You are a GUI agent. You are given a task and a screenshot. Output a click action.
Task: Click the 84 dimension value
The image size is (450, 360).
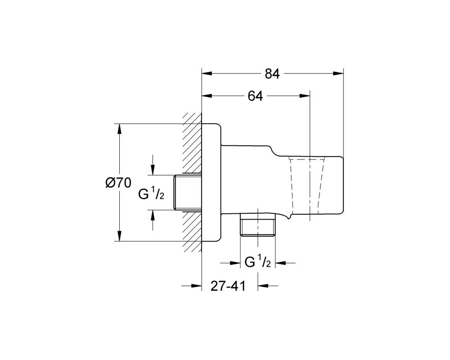click(x=272, y=74)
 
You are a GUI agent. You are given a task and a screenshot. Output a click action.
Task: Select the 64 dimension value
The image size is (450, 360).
click(x=256, y=96)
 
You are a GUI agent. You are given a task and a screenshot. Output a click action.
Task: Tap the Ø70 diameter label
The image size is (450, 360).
click(x=118, y=183)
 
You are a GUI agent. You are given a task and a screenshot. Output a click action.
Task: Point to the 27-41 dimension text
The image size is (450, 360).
click(x=229, y=286)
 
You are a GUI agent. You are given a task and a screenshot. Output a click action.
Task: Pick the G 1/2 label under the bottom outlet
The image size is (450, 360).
click(x=258, y=261)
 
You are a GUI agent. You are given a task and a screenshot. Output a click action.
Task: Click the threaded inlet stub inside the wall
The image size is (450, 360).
click(x=188, y=192)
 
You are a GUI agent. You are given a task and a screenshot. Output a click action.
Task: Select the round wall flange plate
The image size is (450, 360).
click(x=212, y=183)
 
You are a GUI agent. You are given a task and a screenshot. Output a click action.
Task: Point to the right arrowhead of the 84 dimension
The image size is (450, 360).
click(x=338, y=73)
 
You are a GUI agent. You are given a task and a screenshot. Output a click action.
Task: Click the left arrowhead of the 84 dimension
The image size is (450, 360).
click(x=207, y=73)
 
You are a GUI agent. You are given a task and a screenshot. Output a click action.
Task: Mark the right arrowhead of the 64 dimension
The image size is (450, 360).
click(x=305, y=96)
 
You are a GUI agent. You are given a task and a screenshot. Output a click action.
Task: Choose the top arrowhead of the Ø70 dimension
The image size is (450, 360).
click(x=120, y=129)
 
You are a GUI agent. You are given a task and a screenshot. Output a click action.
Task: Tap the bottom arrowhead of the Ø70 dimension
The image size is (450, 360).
click(x=120, y=236)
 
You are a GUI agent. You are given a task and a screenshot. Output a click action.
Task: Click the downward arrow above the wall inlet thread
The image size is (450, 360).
click(x=153, y=165)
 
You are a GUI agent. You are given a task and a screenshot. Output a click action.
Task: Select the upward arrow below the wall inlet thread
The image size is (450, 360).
click(x=153, y=220)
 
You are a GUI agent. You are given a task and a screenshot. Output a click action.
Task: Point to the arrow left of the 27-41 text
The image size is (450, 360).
click(x=192, y=285)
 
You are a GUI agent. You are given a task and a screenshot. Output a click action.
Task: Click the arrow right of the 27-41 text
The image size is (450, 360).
click(x=268, y=285)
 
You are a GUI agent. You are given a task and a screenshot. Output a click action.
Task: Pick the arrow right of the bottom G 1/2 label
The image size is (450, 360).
click(x=285, y=262)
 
